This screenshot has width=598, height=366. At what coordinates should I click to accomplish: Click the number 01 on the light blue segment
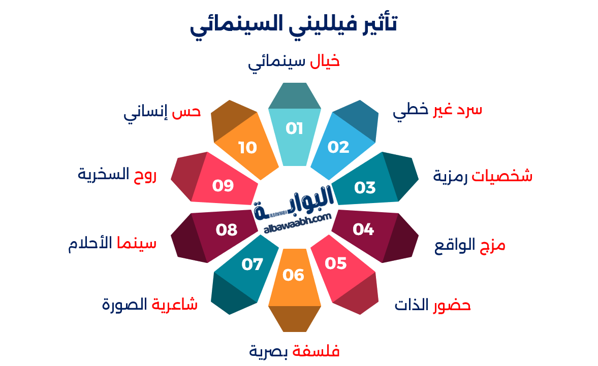(294, 128)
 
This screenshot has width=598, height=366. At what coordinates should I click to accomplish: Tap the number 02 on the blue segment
(338, 147)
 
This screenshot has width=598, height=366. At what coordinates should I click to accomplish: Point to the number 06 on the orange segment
(294, 275)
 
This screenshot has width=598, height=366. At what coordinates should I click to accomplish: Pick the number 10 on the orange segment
(248, 147)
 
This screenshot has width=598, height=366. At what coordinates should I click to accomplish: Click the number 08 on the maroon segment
(227, 230)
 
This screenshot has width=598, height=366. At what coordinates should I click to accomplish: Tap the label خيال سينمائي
(294, 62)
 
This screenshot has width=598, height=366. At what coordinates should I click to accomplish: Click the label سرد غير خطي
(437, 111)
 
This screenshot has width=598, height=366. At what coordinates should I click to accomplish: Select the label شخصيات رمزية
(483, 176)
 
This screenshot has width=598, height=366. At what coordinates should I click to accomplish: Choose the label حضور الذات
(433, 306)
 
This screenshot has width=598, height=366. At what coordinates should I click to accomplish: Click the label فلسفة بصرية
(294, 351)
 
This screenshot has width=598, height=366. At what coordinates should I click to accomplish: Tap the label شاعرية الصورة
(149, 305)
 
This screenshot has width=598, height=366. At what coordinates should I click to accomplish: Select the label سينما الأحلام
(112, 244)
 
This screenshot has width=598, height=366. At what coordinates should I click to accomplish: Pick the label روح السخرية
(117, 175)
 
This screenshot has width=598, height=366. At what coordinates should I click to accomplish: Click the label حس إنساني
(162, 113)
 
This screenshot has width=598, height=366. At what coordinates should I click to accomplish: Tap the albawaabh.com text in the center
(297, 224)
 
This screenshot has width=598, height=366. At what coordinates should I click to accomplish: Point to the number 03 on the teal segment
(365, 187)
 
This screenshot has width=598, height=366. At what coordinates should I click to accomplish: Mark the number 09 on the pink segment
(223, 185)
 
